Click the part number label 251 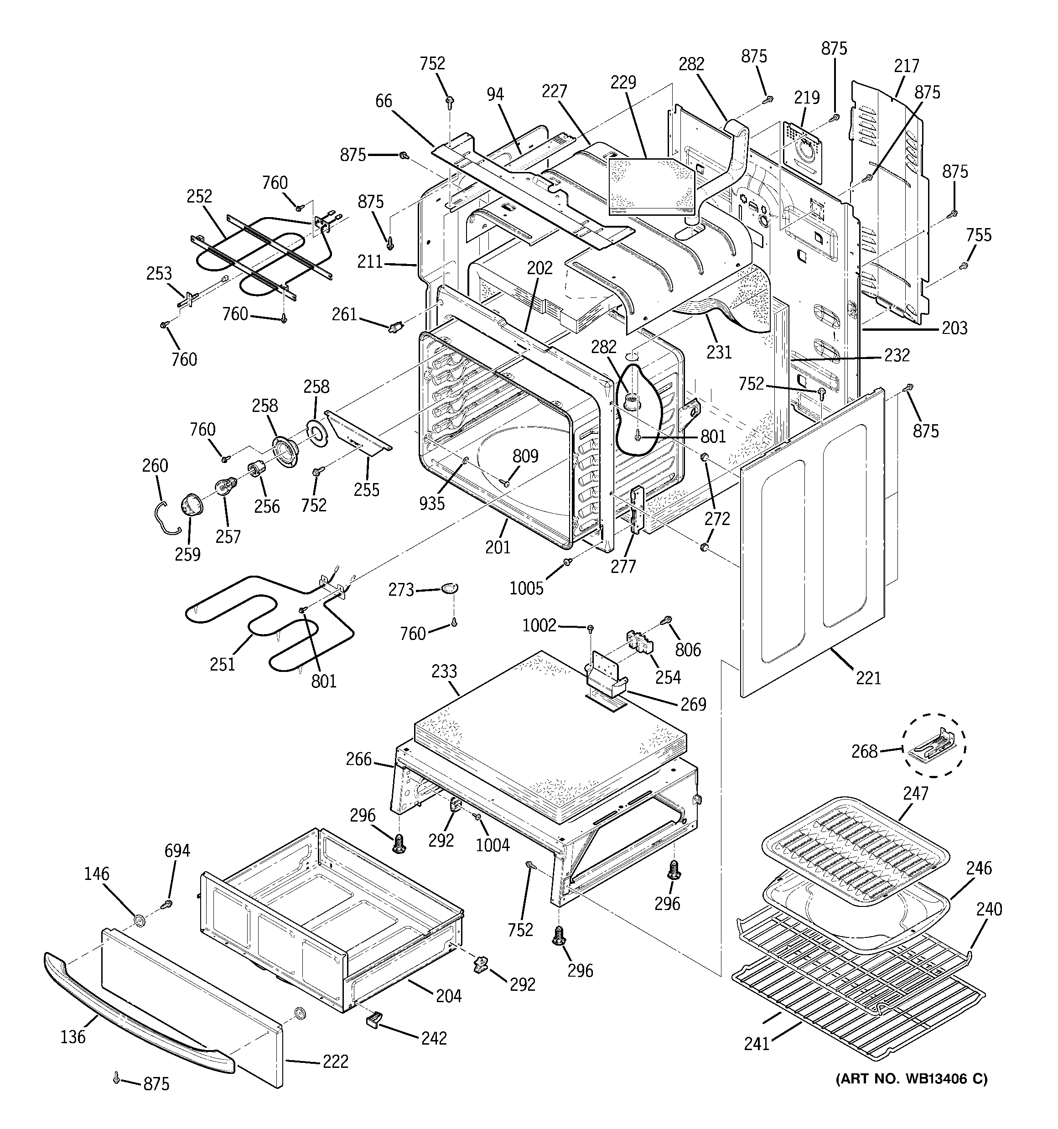coord(222,663)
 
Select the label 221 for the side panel coord(868,677)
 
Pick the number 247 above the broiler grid coord(915,793)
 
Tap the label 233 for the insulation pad coord(444,671)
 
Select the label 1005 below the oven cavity coord(526,588)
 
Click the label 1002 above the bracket coord(539,625)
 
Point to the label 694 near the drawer coord(177,851)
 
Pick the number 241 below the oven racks coord(757,1043)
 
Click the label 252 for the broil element coord(199,196)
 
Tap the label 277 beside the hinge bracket coord(623,566)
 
